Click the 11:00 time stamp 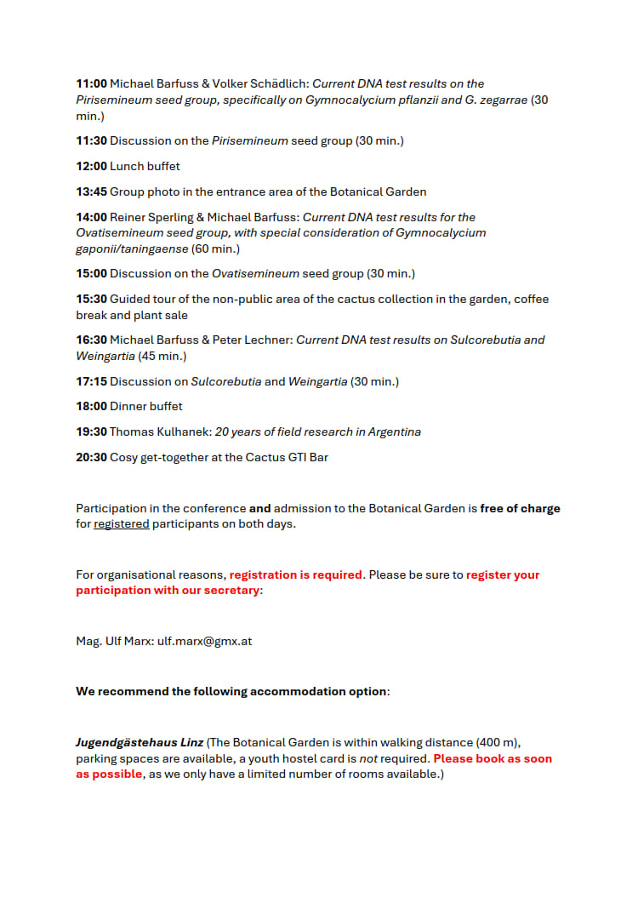pyautogui.click(x=91, y=83)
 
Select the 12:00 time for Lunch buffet pyautogui.click(x=91, y=166)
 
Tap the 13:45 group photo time pyautogui.click(x=91, y=191)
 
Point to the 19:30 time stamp pyautogui.click(x=91, y=431)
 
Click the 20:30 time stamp pyautogui.click(x=91, y=457)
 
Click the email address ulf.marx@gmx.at pyautogui.click(x=204, y=641)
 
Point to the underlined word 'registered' pyautogui.click(x=121, y=523)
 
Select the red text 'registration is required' pyautogui.click(x=296, y=574)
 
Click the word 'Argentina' pyautogui.click(x=394, y=431)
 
